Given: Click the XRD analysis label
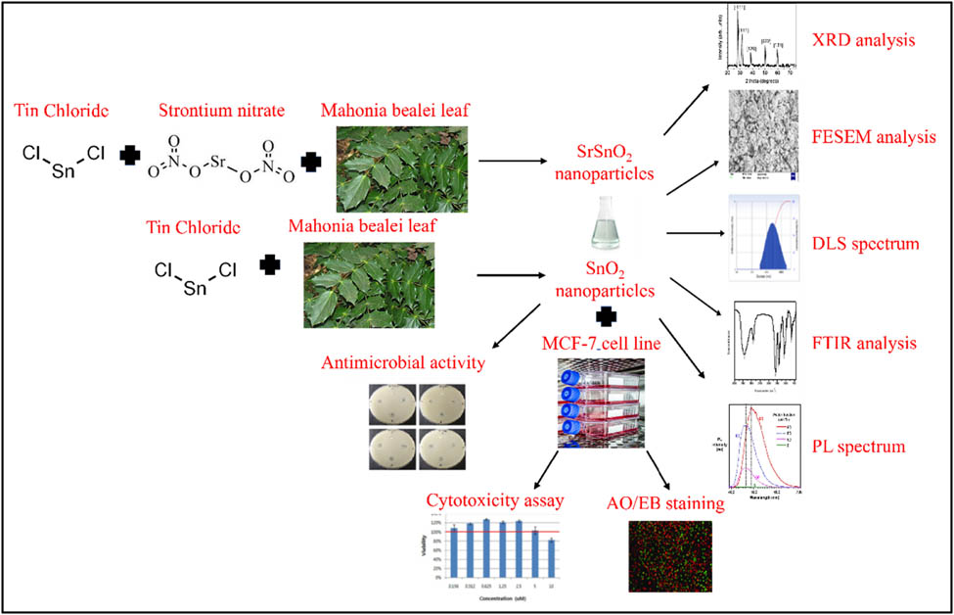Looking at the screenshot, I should click(863, 41).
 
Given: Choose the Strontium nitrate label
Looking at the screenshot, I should click(220, 109).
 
